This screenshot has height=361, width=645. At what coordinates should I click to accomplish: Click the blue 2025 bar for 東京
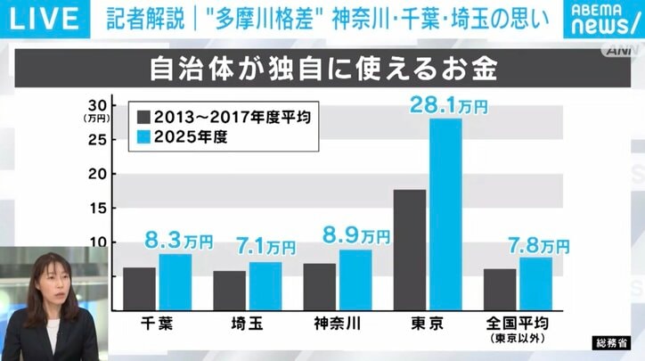click(445, 214)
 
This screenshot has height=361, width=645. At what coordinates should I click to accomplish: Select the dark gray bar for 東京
click(409, 250)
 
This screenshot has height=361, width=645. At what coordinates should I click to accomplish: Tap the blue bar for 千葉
click(175, 282)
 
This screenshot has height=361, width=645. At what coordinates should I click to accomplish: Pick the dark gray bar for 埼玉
click(229, 290)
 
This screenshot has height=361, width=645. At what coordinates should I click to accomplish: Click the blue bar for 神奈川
click(355, 279)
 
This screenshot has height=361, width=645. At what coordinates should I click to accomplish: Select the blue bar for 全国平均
click(535, 283)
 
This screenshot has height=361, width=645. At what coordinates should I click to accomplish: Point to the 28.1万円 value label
click(448, 105)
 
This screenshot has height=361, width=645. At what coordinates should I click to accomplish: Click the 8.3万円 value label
click(178, 241)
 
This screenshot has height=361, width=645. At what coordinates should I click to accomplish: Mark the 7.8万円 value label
click(537, 243)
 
